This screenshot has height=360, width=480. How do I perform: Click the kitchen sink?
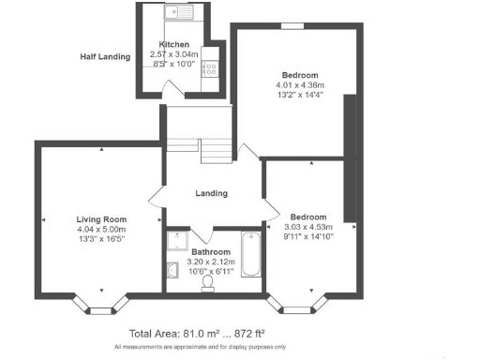click(x=175, y=13)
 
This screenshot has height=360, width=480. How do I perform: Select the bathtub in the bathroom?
click(x=250, y=254)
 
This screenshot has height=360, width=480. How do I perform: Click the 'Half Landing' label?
click(x=103, y=56)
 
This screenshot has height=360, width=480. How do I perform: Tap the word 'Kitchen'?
click(x=174, y=45)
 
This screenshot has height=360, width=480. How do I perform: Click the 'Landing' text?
click(x=211, y=194)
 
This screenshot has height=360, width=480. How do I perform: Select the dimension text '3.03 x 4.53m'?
click(x=309, y=226)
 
